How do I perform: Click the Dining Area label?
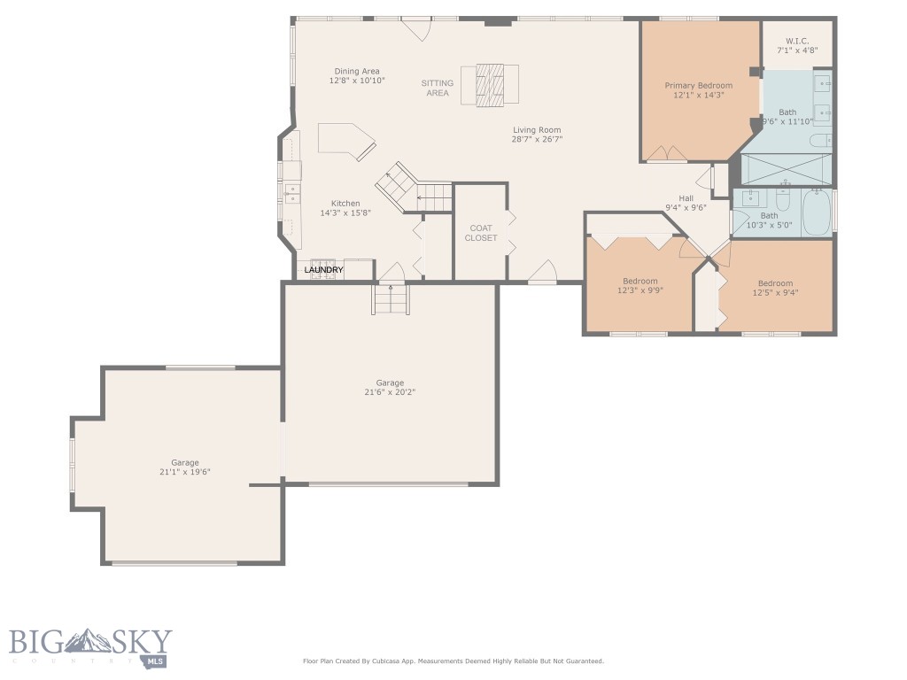(357, 72)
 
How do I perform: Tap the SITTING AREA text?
(437, 88)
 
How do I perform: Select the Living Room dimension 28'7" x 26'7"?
(537, 140)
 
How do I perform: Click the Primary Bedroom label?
(699, 86)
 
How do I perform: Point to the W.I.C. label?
(796, 40)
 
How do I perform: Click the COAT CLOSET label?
(481, 233)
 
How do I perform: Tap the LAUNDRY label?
(323, 269)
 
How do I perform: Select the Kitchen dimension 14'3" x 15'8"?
(345, 212)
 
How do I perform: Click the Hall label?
(686, 198)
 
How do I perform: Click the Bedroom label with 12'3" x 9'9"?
(639, 281)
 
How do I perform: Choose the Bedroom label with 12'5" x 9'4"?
(775, 283)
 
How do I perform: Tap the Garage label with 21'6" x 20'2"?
(390, 382)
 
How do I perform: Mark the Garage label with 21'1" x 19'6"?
(185, 462)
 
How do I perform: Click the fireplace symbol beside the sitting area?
(490, 84)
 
